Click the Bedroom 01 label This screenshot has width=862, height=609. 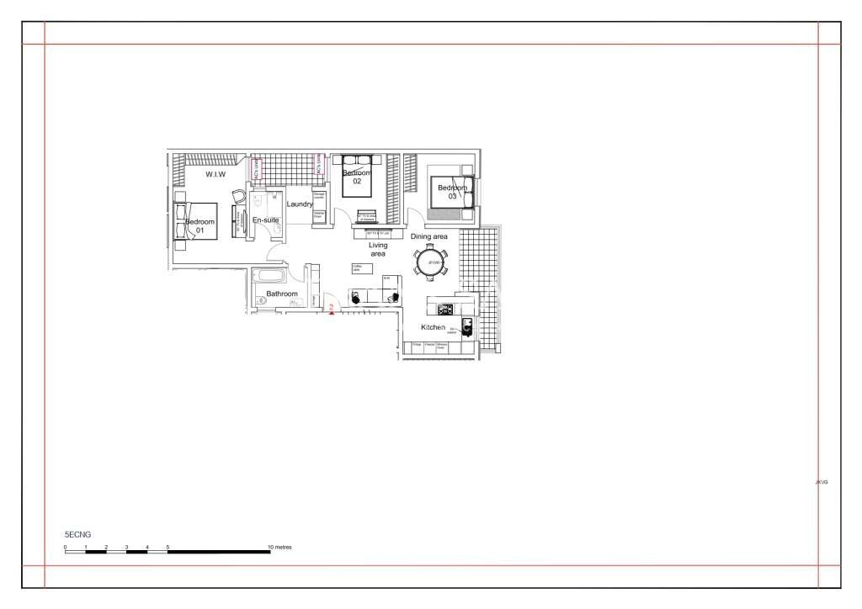(200, 225)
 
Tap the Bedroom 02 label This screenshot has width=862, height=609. (357, 177)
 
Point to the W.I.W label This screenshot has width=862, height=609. (215, 174)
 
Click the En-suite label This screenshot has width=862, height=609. (266, 220)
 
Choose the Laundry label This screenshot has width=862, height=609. (300, 204)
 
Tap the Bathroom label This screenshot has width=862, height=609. (282, 294)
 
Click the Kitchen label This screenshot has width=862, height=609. (433, 327)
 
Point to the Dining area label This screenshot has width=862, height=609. (429, 237)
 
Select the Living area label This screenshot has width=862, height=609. (378, 249)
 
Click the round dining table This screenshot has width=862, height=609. (431, 262)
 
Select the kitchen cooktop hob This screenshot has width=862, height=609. (444, 308)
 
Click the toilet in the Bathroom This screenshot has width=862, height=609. (261, 299)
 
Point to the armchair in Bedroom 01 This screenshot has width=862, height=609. (238, 196)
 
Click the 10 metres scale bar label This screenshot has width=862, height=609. (280, 547)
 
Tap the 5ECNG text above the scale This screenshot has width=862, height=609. (77, 534)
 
